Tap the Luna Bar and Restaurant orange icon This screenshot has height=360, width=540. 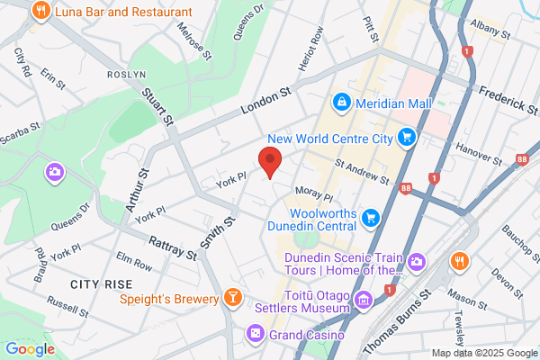point(40,12)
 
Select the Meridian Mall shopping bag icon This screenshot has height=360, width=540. point(342,103)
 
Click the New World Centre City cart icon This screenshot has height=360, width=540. point(408,138)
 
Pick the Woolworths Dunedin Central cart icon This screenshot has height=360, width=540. point(370,217)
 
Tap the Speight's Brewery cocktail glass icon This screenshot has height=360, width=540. point(232,298)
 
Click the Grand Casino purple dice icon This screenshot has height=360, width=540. point(256,336)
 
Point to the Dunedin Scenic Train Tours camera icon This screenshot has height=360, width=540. point(416,261)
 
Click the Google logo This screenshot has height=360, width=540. point(30,349)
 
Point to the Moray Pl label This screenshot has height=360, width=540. point(314,193)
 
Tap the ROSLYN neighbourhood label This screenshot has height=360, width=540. point(126,74)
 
